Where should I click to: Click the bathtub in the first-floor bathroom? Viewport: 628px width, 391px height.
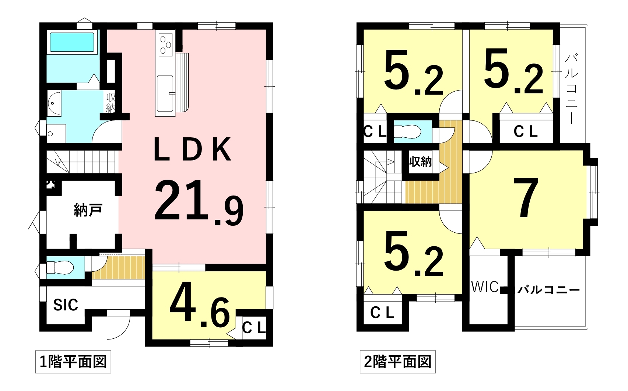[x=72, y=42]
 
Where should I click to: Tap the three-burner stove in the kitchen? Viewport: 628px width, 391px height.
[x=165, y=45]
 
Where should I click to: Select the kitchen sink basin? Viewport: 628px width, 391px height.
[x=165, y=94]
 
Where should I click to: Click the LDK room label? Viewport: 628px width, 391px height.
[x=193, y=149]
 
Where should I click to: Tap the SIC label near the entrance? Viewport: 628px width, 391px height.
[x=66, y=305]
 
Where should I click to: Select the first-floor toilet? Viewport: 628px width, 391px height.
[x=60, y=267]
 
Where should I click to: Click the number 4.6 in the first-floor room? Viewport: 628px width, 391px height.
[x=199, y=305]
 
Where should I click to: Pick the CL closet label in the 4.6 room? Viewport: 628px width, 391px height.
[x=254, y=328]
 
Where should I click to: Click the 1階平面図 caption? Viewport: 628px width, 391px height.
[x=73, y=362]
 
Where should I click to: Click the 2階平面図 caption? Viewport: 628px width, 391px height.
[x=397, y=362]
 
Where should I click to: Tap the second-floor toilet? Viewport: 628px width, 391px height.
[x=407, y=131]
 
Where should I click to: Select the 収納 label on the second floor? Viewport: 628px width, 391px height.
[x=420, y=162]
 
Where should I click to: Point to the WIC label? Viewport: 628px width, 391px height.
[x=485, y=287]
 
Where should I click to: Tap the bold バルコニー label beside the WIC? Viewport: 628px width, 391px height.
[x=548, y=289]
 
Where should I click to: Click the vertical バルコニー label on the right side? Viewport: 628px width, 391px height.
[x=571, y=89]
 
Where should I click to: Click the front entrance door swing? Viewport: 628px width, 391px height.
[x=118, y=324]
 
